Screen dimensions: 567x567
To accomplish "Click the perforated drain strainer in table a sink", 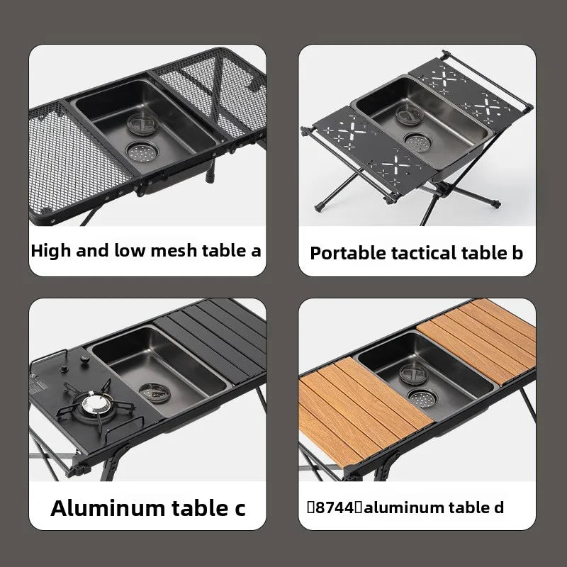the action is click(142, 152).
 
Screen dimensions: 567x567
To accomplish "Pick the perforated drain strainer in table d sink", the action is click(422, 398).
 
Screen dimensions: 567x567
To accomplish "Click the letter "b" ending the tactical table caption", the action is click(517, 253).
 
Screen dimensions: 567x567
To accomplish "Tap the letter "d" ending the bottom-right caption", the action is click(498, 507).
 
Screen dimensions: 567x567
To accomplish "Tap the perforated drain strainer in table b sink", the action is click(417, 142).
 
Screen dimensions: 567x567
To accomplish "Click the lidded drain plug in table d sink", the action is click(413, 373).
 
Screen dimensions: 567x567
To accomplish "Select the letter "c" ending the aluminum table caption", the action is click(240, 510).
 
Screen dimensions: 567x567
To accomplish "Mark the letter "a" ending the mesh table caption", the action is click(256, 252).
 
